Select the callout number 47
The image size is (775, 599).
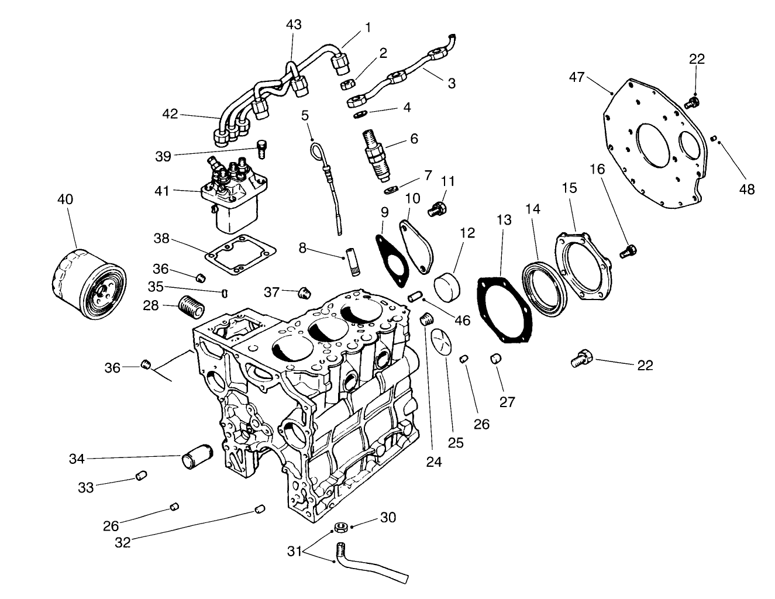[x=577, y=77]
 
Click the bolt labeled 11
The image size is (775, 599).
[x=436, y=208]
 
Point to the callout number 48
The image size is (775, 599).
[x=747, y=189]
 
